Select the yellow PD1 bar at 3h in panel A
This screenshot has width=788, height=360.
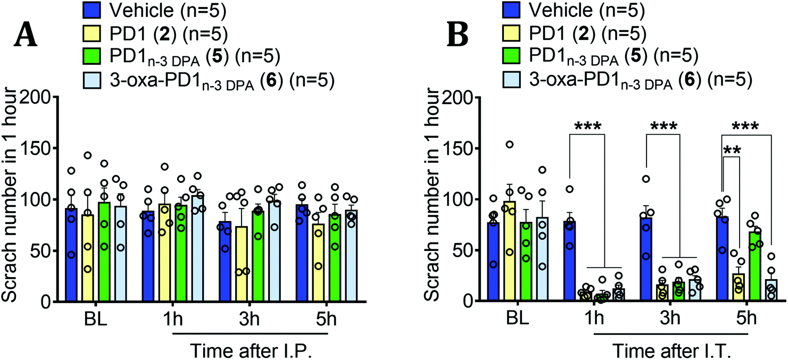[242, 264]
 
